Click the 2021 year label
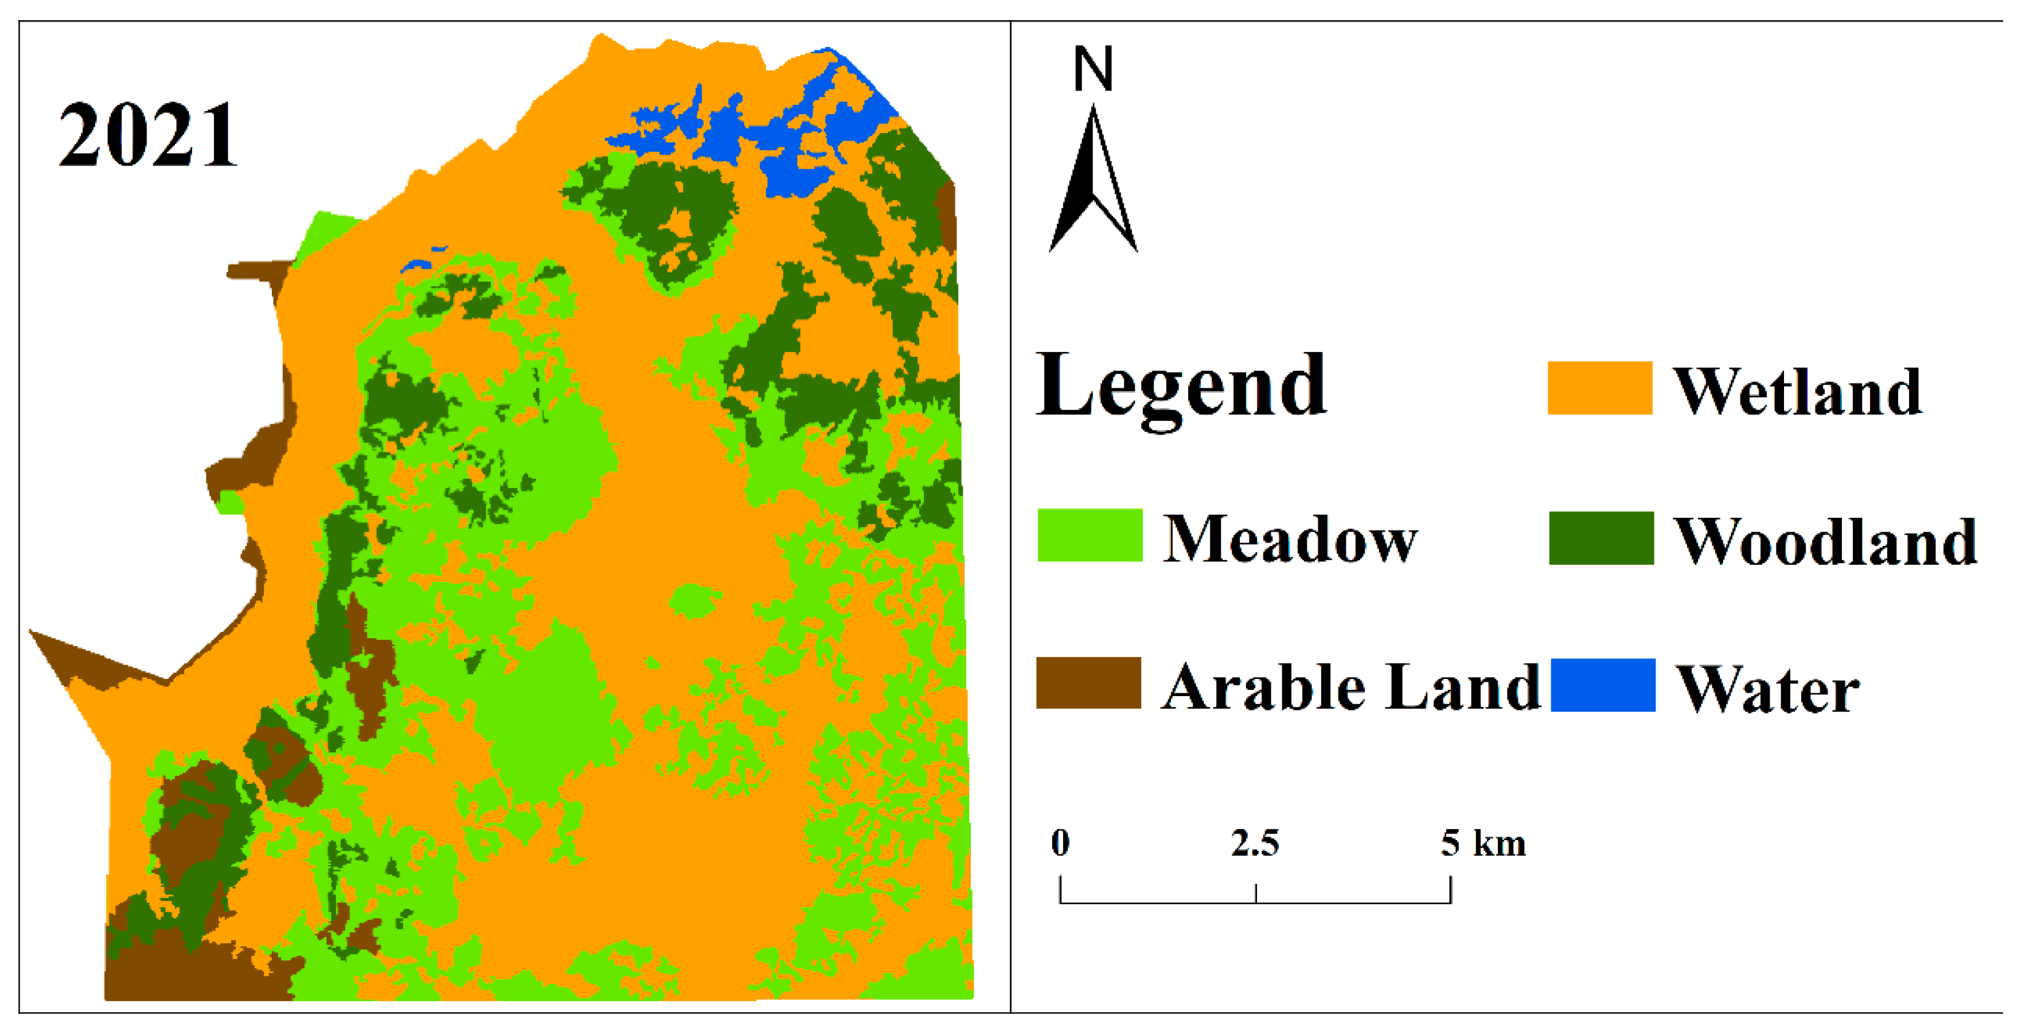(147, 135)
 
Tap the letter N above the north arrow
(1093, 69)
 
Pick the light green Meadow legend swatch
(1090, 535)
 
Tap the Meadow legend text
(1290, 540)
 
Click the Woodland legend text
(1825, 542)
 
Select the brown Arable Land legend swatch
(1088, 682)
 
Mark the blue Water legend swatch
(1602, 685)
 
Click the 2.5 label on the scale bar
(1255, 842)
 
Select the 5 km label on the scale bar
(1483, 842)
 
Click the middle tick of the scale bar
(1255, 893)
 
